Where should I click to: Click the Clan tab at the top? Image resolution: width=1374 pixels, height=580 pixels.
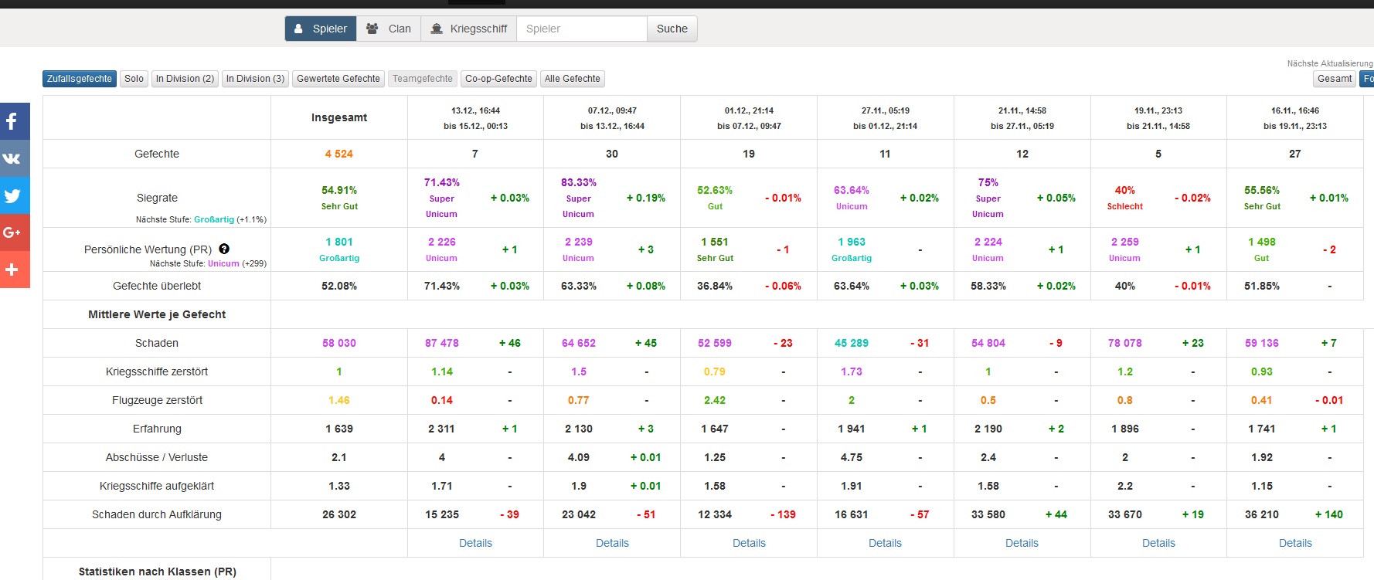click(389, 29)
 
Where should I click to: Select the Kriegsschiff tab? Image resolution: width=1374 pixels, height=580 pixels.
click(469, 29)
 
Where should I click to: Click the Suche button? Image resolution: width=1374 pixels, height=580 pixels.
click(672, 29)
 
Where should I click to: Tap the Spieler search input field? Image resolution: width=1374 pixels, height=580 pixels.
click(582, 29)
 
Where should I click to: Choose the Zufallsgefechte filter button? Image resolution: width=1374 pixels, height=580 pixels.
click(80, 79)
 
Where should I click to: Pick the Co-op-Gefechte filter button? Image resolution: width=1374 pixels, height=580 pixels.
click(498, 79)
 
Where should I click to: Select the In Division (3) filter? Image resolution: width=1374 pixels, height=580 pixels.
click(255, 79)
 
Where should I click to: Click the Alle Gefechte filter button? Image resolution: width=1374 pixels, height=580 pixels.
click(573, 79)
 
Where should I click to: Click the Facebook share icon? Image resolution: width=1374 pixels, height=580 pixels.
click(12, 121)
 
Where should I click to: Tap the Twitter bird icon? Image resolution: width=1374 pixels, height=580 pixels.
click(12, 195)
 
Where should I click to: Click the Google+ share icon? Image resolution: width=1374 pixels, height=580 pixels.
click(12, 232)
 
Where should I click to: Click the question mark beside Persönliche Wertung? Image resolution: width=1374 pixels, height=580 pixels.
click(224, 249)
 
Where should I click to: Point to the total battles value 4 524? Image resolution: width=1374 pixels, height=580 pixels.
click(339, 154)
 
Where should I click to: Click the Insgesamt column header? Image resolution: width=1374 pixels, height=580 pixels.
click(339, 117)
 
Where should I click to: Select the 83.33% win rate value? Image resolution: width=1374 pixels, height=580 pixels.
click(579, 182)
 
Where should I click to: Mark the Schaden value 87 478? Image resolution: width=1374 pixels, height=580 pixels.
click(442, 343)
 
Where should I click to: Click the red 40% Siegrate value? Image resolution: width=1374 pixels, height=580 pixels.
click(1125, 190)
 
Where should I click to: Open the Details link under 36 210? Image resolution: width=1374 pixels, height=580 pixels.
click(1295, 543)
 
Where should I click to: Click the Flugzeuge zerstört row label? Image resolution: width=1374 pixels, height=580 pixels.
click(157, 400)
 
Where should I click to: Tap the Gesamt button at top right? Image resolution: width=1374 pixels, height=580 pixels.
click(1335, 79)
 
